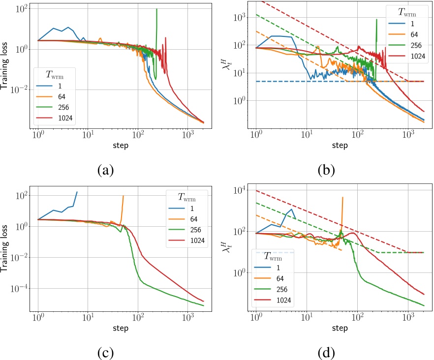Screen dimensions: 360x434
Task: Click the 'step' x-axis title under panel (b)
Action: pos(339,146)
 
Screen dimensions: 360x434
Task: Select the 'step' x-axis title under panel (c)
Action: pos(121,328)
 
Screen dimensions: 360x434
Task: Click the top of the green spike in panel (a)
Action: pos(156,9)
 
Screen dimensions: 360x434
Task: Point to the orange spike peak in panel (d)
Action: pos(342,197)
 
